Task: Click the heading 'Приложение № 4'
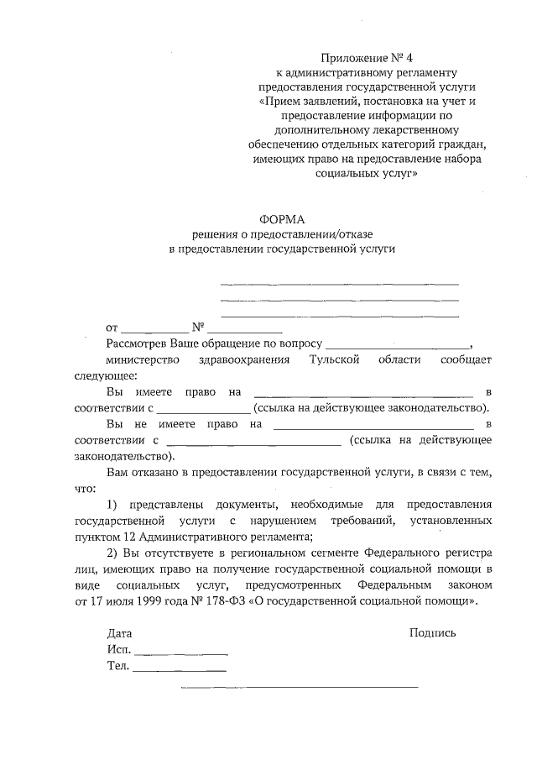click(368, 58)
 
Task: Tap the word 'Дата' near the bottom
click(119, 632)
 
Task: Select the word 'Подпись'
click(433, 632)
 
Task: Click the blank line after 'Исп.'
click(181, 653)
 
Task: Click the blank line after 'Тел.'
click(180, 670)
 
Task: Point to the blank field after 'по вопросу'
click(398, 346)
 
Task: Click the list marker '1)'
click(112, 504)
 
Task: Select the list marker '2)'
click(113, 554)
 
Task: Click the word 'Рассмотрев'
click(137, 344)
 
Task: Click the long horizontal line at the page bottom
click(300, 688)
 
